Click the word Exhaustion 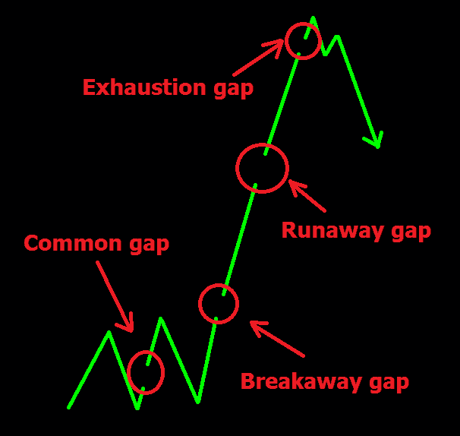tap(144, 87)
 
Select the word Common tap(73, 243)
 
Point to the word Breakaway tap(301, 381)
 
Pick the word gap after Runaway tap(411, 232)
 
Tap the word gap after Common tap(150, 246)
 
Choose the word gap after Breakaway tap(389, 384)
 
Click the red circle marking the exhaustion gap tap(285, 41)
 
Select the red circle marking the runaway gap tap(237, 168)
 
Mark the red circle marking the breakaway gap tap(199, 304)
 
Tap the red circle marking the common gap tap(128, 372)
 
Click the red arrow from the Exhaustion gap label tap(257, 58)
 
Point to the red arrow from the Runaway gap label tap(307, 195)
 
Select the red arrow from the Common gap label tap(115, 297)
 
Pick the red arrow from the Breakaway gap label tap(277, 339)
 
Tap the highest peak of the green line tap(313, 17)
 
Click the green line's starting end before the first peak tap(68, 407)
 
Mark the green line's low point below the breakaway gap tap(198, 401)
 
